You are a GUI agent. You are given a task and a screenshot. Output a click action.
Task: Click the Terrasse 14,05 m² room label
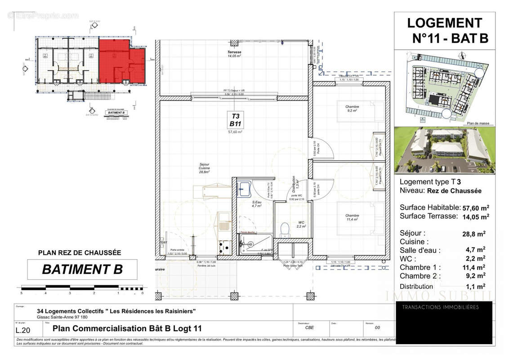point(234,54)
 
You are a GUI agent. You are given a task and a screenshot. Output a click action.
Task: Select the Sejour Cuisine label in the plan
point(205,168)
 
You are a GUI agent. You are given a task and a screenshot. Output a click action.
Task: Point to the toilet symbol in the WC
point(284,230)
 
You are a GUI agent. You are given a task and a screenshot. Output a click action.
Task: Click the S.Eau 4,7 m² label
point(256,203)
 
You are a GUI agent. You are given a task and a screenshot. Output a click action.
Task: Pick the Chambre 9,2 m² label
point(352,108)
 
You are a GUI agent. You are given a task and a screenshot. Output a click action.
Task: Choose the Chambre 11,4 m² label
point(352,217)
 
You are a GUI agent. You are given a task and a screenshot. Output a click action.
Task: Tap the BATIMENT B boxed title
point(82,269)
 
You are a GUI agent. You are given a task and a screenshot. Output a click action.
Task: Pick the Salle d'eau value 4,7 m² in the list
point(475,250)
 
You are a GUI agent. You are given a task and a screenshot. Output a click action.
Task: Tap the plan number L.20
point(25,329)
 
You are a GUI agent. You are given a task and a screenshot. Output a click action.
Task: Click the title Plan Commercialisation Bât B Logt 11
point(124,328)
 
